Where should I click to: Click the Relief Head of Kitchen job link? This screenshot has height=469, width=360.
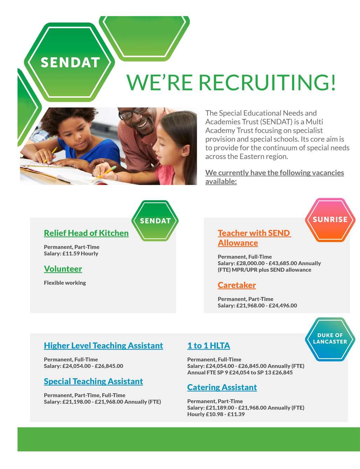click(86, 233)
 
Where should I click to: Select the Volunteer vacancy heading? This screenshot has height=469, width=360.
click(63, 269)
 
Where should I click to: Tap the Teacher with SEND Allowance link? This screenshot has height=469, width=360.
click(254, 238)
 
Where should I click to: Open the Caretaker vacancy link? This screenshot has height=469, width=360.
click(237, 285)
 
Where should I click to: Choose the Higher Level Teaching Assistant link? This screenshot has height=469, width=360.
click(103, 346)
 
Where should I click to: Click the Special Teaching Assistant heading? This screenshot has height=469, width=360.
click(93, 381)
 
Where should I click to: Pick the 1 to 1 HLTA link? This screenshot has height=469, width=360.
click(209, 346)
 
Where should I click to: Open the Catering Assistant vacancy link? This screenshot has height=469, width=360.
click(222, 387)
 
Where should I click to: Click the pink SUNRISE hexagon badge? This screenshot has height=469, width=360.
click(330, 220)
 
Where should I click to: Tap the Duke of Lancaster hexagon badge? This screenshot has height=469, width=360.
click(330, 339)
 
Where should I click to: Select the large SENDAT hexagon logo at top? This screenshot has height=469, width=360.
click(70, 62)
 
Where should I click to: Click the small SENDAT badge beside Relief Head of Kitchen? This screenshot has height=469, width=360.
click(155, 221)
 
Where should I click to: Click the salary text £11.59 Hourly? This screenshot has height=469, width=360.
click(80, 254)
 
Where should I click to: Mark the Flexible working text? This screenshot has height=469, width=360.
click(65, 283)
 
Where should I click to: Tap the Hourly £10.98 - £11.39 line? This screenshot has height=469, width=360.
click(216, 414)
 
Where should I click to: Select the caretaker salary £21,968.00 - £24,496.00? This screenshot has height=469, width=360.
click(266, 306)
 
